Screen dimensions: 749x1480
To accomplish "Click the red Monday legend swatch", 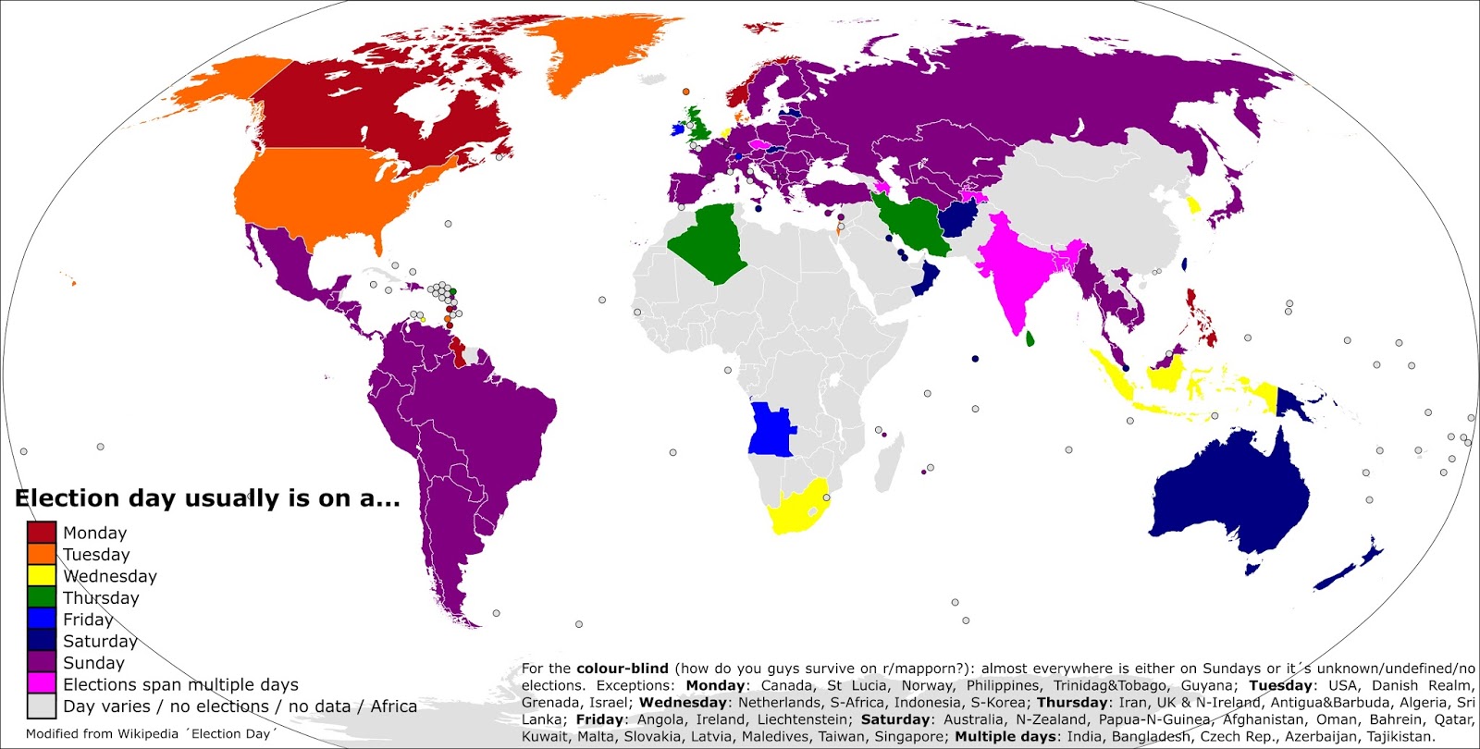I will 42,533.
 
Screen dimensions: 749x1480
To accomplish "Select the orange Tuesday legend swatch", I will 42,554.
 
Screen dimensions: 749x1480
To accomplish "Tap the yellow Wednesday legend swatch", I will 42,575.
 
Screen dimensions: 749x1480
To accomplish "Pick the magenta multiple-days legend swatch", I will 42,683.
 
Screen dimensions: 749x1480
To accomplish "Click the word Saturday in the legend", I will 100,641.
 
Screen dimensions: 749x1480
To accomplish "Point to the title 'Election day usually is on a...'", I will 207,498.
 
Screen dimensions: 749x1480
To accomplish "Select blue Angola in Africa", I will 771,430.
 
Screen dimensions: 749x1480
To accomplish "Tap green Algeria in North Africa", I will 710,242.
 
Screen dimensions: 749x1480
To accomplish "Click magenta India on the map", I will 1017,268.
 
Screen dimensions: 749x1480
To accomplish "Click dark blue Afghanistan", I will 962,222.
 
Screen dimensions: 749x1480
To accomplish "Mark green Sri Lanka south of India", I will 1030,339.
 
